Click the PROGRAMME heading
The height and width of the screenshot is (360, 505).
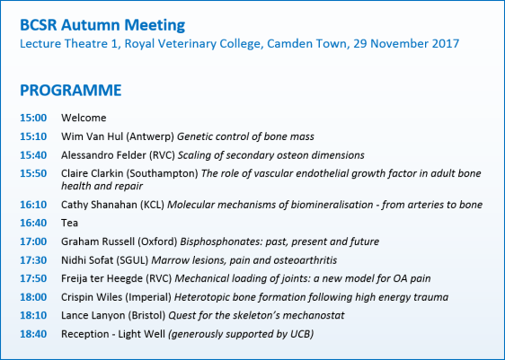(70, 91)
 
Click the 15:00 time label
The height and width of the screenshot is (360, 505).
(32, 118)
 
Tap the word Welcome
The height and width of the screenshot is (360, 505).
(84, 118)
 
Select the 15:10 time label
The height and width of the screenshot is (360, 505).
(32, 136)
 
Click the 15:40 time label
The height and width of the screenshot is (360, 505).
(32, 154)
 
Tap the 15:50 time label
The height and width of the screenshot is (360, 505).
(32, 172)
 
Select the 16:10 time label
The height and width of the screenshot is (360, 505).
(32, 204)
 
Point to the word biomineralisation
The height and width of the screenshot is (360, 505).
(327, 204)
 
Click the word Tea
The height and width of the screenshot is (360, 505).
(69, 223)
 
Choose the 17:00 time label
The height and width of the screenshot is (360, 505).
(32, 241)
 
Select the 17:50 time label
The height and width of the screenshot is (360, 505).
(32, 278)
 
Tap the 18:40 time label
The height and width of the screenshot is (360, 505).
(32, 334)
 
